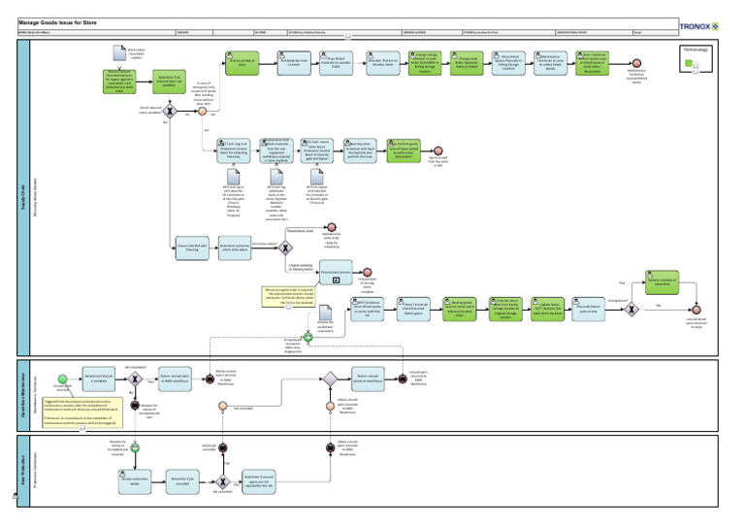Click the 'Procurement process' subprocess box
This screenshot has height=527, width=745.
pyautogui.click(x=336, y=275)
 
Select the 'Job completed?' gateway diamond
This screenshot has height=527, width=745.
pyautogui.click(x=137, y=379)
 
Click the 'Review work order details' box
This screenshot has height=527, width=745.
pyautogui.click(x=136, y=479)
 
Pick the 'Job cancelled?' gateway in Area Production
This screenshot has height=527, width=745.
pyautogui.click(x=222, y=479)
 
